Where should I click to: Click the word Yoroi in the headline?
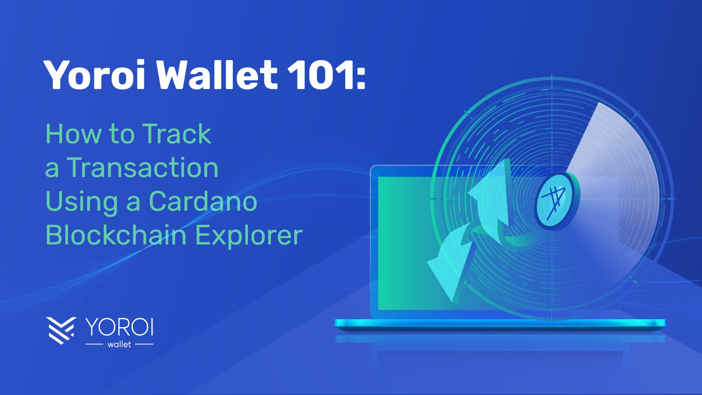95,74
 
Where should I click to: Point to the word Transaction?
143,167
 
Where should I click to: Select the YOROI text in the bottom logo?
119,327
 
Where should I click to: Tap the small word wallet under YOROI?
120,344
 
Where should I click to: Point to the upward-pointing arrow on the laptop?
491,200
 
